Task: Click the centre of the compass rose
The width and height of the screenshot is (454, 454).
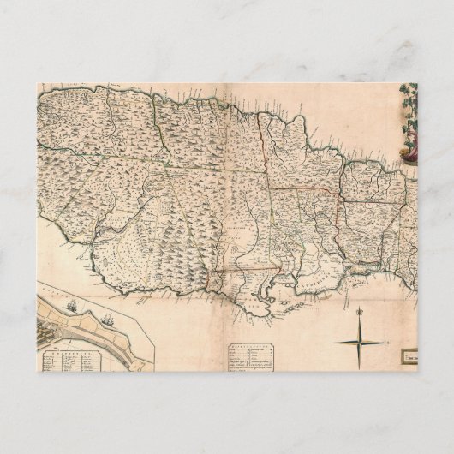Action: (x=360, y=343)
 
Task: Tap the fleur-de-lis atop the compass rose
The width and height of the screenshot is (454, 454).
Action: (x=360, y=311)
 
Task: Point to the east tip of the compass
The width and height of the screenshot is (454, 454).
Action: (x=387, y=343)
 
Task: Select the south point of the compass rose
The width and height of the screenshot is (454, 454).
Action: (x=360, y=367)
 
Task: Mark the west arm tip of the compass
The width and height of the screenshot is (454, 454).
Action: (x=332, y=343)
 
